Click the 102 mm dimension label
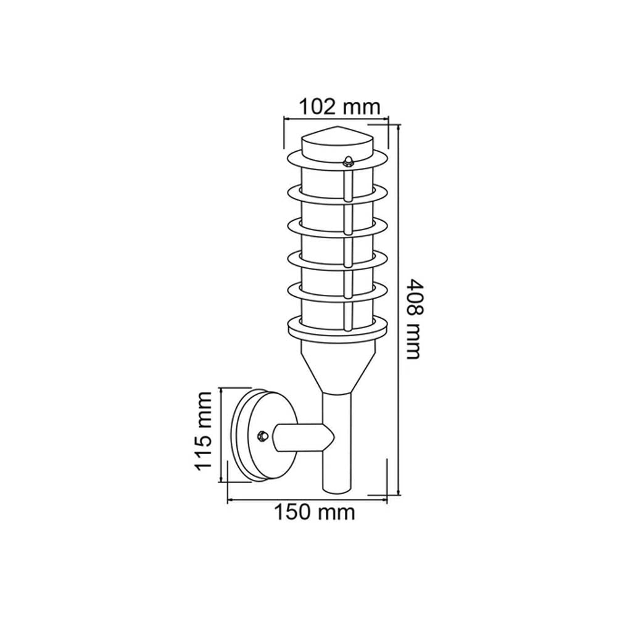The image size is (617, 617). tap(338, 106)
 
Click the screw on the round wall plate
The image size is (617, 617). tap(262, 435)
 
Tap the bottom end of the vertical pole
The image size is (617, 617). tap(337, 489)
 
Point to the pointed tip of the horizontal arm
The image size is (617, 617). tap(333, 437)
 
